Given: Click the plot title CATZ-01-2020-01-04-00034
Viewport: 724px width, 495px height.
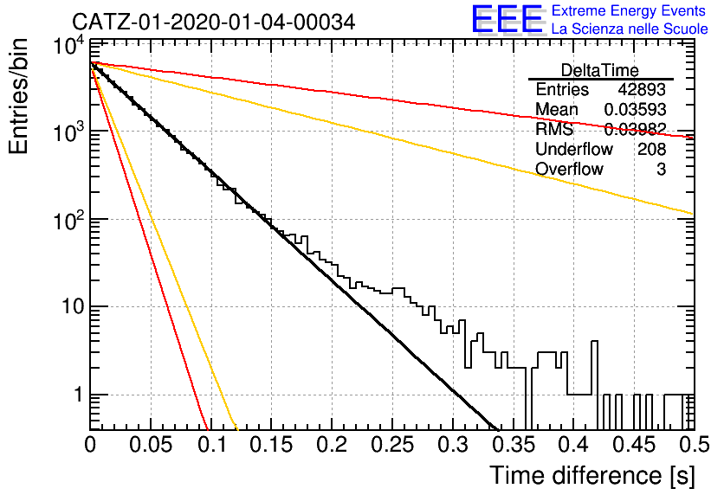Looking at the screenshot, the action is click(214, 22).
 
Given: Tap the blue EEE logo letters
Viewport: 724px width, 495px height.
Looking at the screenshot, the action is click(507, 19).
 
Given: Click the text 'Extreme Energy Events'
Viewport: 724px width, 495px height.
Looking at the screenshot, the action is click(629, 10).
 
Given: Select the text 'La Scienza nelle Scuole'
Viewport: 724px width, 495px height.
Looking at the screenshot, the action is click(630, 29).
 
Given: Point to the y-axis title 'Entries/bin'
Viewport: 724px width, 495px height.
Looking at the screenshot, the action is click(18, 96).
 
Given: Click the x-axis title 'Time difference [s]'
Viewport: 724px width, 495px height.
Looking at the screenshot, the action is click(592, 476).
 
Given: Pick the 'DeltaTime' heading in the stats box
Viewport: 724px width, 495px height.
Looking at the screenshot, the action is click(599, 70).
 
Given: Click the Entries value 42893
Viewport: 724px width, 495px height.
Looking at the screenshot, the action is click(642, 89).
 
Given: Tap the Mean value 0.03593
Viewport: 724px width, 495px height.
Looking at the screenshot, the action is click(635, 109).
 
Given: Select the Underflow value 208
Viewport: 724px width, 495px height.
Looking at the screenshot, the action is click(651, 149).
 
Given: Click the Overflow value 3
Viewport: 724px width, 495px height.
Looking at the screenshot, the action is click(661, 170).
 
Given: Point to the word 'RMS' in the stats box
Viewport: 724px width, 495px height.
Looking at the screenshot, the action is click(554, 129).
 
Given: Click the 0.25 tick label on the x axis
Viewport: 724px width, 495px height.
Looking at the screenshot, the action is click(392, 445).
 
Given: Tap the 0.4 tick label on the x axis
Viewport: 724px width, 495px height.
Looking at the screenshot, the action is click(574, 445).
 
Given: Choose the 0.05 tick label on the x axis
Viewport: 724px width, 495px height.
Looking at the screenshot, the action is click(151, 445).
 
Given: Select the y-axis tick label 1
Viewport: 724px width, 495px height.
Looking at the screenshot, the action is click(79, 395).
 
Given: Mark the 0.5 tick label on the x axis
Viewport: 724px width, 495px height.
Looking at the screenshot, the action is click(694, 445).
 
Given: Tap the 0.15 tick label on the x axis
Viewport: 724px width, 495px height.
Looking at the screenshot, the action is click(272, 445).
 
